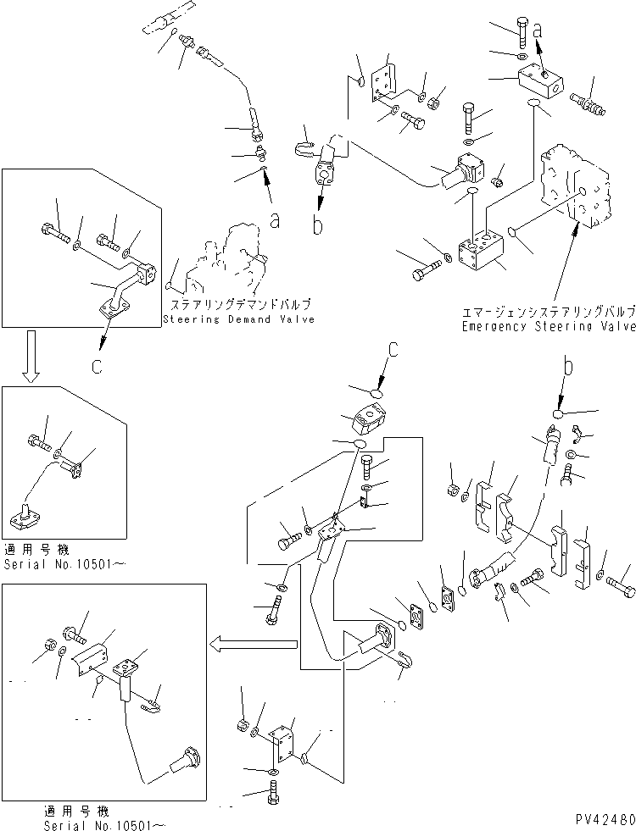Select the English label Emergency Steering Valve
(548, 325)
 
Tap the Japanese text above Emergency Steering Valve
(548, 311)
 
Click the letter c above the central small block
(392, 348)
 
